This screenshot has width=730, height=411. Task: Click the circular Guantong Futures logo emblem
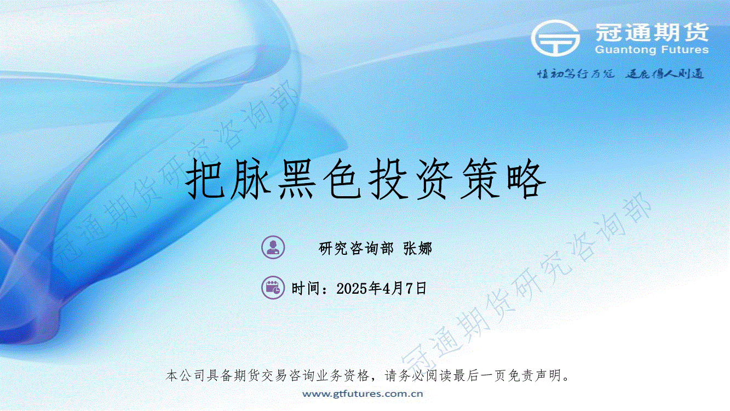coord(555,38)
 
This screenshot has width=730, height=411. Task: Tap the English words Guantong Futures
coord(652,50)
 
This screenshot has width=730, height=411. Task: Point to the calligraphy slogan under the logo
coord(620,74)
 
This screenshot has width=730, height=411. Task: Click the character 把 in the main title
coord(205,179)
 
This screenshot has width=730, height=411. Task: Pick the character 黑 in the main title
coord(297,179)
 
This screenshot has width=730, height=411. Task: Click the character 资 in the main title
coord(435,179)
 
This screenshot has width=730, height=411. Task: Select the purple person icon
coord(273,247)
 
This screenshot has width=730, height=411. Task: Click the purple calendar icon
coord(273,288)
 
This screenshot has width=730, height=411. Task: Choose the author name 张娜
coord(417,249)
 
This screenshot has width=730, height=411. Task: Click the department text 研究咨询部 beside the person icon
coord(356,249)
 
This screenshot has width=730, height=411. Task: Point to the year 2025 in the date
coord(352,289)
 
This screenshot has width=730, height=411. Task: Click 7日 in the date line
coord(416,289)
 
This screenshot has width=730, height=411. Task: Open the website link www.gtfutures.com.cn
coord(363,393)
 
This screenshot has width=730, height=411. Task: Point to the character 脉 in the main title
coord(251,179)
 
